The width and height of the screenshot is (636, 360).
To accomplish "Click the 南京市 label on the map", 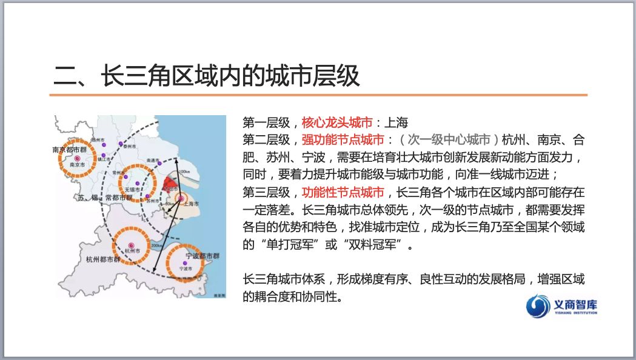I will pos(77,164).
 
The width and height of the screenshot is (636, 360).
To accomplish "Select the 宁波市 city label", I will pos(186,267).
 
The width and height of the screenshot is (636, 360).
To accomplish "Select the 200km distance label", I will pos(156,245).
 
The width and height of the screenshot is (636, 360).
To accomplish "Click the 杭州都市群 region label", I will pos(103,261).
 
